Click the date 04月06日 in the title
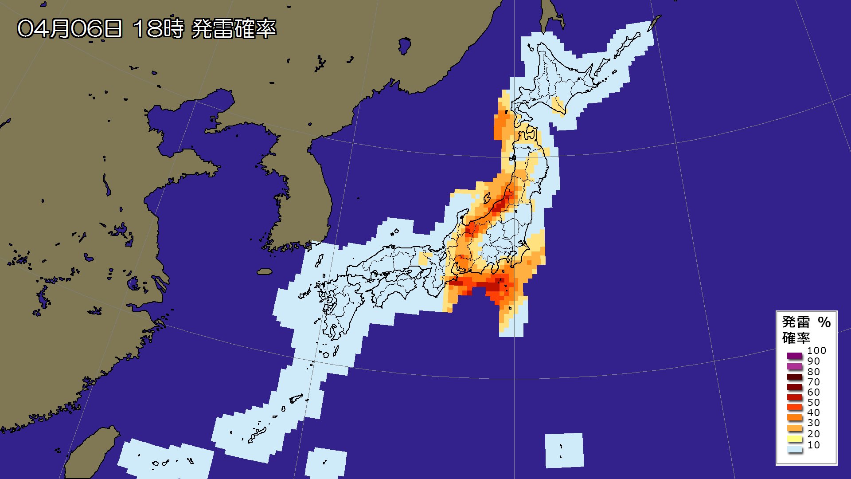tap(70, 29)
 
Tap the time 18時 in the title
tap(158, 29)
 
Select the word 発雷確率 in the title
tap(234, 29)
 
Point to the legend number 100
tap(816, 350)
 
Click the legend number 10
tap(813, 445)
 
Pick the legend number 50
tap(813, 402)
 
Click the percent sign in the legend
tap(824, 322)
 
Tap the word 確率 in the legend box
tap(796, 338)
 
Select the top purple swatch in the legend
tap(795, 356)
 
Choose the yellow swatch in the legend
tap(795, 439)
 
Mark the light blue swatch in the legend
tap(795, 449)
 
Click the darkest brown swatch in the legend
tap(795, 377)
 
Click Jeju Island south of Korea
tap(265, 271)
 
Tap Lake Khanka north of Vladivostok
tap(404, 46)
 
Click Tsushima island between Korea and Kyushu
tap(319, 260)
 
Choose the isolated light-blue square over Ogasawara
tap(564, 450)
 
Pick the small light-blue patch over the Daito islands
tap(326, 463)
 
